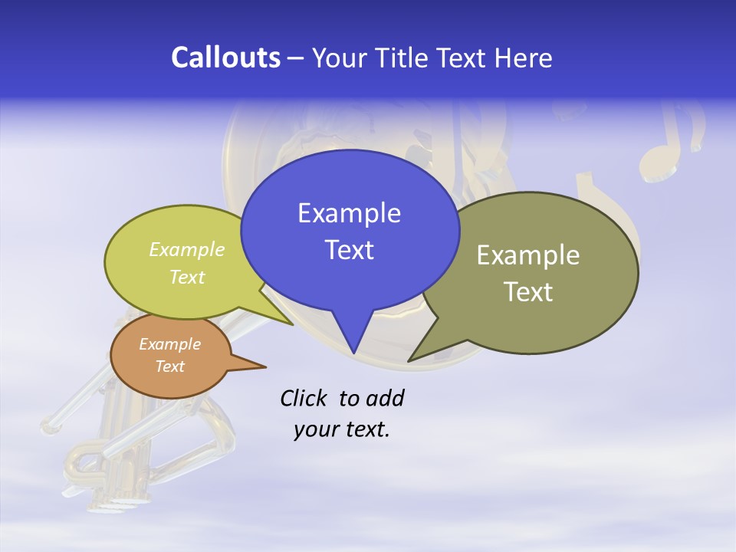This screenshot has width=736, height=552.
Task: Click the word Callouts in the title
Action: tap(225, 58)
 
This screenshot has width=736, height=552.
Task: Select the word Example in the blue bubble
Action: tap(349, 213)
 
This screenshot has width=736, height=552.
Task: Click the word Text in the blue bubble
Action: tap(349, 250)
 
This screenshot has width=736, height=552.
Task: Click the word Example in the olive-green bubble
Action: tap(528, 255)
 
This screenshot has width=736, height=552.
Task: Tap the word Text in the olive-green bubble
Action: tap(528, 292)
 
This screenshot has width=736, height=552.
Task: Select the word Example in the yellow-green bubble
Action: tap(187, 250)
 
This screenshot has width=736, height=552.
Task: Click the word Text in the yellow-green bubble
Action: tap(187, 277)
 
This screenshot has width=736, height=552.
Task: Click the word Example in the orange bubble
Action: tap(169, 344)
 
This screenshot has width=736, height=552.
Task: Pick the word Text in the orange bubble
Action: tap(169, 366)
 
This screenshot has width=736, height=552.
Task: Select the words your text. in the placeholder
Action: tap(342, 429)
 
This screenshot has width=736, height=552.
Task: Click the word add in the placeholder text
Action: tap(385, 399)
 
